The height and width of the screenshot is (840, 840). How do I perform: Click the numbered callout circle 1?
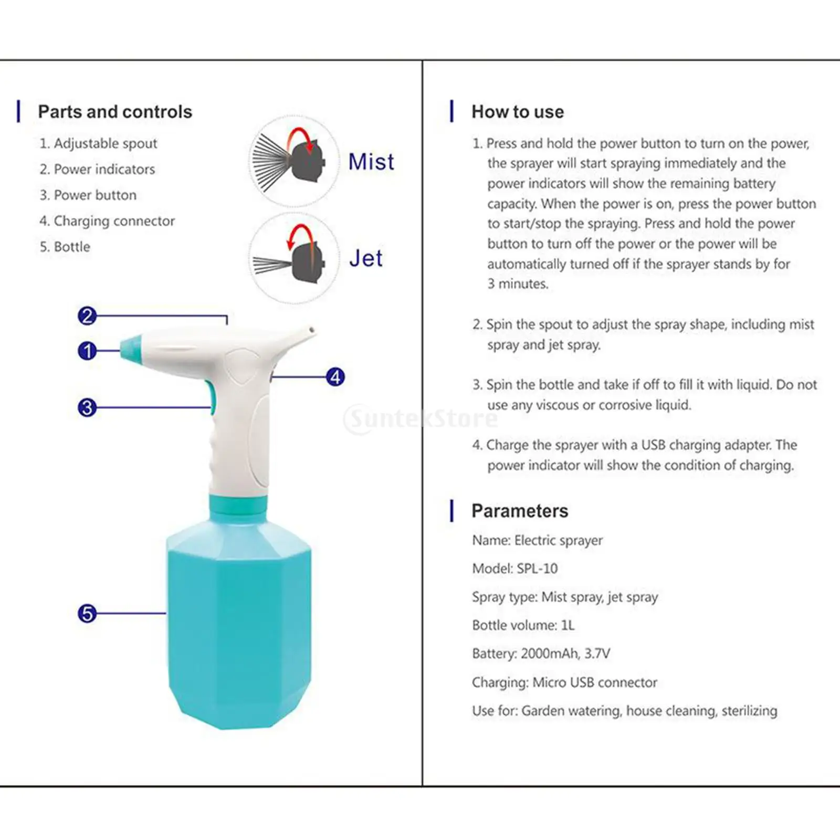point(88,351)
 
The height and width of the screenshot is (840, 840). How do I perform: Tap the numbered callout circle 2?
point(88,316)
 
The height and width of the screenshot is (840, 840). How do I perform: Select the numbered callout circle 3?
point(88,407)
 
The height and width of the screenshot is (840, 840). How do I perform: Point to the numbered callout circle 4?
point(335,377)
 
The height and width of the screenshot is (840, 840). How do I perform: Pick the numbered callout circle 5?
point(88,613)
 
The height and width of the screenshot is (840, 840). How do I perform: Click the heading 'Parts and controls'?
point(115,112)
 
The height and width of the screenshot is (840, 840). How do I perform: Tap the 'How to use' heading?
point(518,112)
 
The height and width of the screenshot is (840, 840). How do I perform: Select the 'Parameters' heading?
point(520,511)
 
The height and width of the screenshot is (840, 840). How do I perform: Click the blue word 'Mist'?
point(371,162)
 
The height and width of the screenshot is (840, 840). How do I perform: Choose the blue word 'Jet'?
point(366,258)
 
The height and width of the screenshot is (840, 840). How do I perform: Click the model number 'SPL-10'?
point(537,569)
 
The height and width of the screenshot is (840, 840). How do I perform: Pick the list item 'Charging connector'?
point(114,221)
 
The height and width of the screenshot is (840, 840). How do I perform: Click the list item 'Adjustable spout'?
point(105,143)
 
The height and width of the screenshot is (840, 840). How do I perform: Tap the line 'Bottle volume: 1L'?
point(523,625)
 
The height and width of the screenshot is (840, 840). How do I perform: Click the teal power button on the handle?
point(212,398)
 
